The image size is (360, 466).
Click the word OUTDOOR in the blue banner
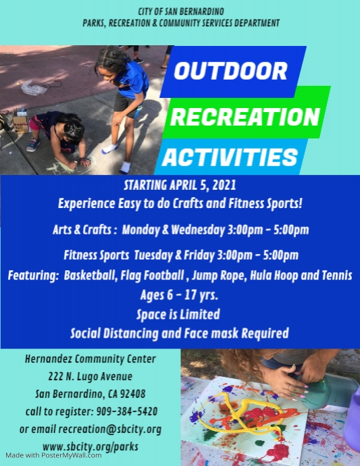(232, 72)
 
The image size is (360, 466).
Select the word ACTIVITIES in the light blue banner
(230, 157)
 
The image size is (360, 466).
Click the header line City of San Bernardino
(180, 11)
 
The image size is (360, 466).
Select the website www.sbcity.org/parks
(90, 446)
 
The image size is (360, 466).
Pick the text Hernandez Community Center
(90, 359)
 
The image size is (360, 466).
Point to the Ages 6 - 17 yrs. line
(179, 295)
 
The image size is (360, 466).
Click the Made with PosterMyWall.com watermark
(51, 456)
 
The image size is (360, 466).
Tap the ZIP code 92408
(130, 394)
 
